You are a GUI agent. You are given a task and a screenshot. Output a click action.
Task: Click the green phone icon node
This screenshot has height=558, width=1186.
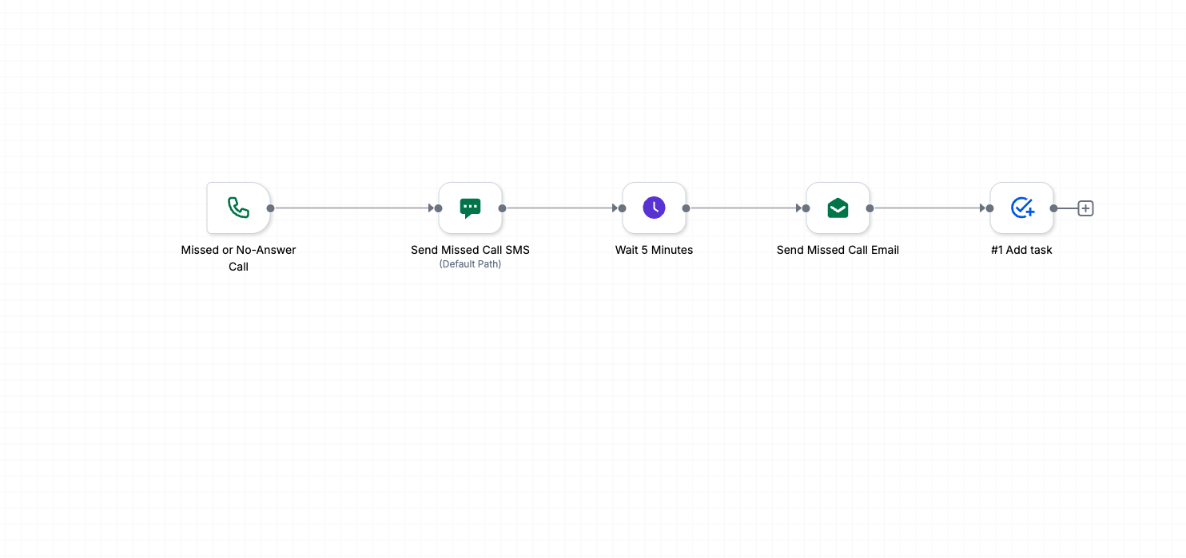[x=238, y=208]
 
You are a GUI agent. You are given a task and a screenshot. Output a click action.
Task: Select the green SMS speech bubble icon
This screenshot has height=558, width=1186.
[x=470, y=208]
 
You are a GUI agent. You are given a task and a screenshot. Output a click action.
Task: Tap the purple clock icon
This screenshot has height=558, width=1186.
[x=654, y=208]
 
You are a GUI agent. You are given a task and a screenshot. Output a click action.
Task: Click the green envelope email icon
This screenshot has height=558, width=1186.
[x=838, y=208]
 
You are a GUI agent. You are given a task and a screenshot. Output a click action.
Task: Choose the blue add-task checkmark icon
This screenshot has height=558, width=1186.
[x=1022, y=208]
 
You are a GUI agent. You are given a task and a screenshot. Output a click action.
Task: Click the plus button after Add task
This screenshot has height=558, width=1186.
[x=1085, y=208]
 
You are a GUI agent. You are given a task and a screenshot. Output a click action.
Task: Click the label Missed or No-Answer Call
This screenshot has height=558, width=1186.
[x=238, y=258]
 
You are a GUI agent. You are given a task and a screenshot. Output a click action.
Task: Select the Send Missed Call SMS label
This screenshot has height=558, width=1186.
[x=470, y=250]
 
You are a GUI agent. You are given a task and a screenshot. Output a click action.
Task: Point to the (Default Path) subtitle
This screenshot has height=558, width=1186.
[x=470, y=264]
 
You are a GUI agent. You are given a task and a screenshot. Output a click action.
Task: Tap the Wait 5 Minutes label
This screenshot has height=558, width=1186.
[x=654, y=250]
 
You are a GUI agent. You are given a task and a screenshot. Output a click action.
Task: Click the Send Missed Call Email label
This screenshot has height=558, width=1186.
[x=838, y=250]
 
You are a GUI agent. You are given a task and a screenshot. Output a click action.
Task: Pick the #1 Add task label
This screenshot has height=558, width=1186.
[x=1021, y=250]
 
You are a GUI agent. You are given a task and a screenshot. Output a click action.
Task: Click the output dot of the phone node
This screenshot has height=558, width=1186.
[x=271, y=208]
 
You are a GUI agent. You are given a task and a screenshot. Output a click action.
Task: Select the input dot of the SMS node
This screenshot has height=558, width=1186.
[x=439, y=208]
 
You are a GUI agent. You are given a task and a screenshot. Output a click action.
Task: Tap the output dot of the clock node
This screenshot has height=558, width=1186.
[x=687, y=208]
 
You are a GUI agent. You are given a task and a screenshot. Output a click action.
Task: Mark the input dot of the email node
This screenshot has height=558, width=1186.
[x=806, y=208]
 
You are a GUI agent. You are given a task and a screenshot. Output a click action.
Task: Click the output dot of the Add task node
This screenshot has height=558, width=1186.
[x=1053, y=208]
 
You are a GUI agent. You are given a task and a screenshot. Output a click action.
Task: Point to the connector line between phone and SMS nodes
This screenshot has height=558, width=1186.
[x=352, y=208]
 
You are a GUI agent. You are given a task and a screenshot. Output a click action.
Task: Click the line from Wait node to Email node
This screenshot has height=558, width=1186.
[x=743, y=208]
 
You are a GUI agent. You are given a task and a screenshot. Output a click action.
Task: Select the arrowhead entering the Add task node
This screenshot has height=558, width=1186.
[x=983, y=208]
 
